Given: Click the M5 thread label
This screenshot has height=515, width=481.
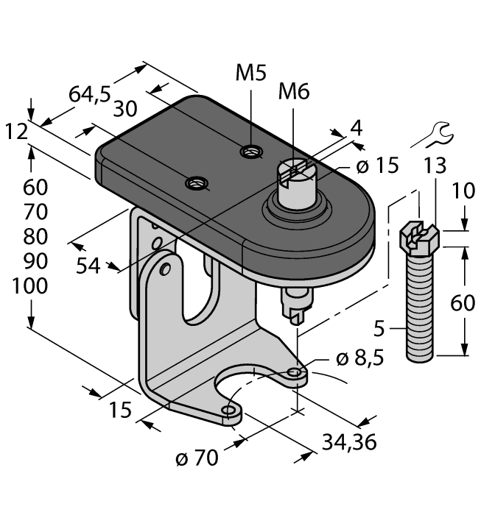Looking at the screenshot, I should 251,74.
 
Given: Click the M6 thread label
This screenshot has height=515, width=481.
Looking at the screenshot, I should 293,93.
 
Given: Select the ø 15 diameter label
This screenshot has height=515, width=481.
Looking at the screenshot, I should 376,166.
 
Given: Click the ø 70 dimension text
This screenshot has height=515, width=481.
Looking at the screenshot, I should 197,458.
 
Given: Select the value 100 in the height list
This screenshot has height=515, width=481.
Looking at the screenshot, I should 30,286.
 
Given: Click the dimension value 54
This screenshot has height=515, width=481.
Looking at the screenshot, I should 88,265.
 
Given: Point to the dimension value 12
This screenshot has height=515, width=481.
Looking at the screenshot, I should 17,132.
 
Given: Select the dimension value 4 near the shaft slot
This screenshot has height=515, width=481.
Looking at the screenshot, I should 356,128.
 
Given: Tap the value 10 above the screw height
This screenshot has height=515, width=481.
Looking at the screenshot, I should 464,193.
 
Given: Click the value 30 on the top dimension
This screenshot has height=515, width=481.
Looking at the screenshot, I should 126,109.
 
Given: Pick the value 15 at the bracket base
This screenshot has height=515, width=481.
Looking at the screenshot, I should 120,408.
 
